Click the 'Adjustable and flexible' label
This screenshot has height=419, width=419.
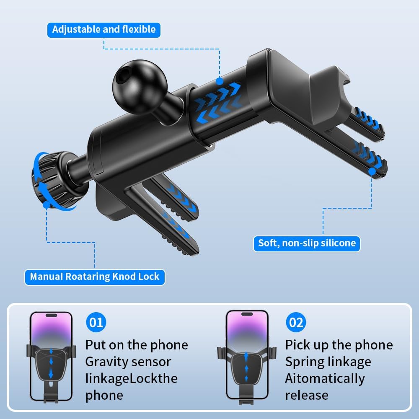(x=103, y=30)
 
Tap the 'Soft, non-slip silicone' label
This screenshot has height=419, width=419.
(x=307, y=243)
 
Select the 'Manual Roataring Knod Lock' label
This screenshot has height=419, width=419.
(x=95, y=277)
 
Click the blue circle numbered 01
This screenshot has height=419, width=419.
(x=96, y=322)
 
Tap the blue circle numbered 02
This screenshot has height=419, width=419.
(x=296, y=322)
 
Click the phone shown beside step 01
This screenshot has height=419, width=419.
(x=51, y=356)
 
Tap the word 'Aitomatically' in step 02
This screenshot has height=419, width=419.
(x=325, y=379)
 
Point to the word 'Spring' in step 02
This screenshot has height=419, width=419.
(x=304, y=362)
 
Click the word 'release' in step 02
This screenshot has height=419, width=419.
(x=307, y=396)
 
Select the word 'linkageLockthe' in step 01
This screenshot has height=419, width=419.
(x=132, y=379)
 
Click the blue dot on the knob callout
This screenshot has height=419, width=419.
(x=47, y=205)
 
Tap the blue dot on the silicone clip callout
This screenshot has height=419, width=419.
(x=371, y=171)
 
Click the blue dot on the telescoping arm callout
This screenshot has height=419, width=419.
(x=220, y=81)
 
